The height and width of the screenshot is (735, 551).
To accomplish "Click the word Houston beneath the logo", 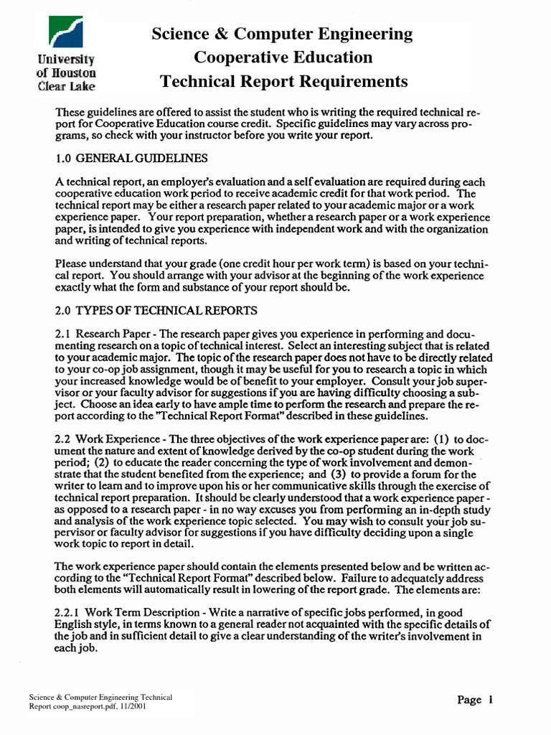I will point(74,72).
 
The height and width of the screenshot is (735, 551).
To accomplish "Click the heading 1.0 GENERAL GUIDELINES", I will point(131,158).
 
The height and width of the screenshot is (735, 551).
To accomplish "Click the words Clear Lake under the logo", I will point(67,87).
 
